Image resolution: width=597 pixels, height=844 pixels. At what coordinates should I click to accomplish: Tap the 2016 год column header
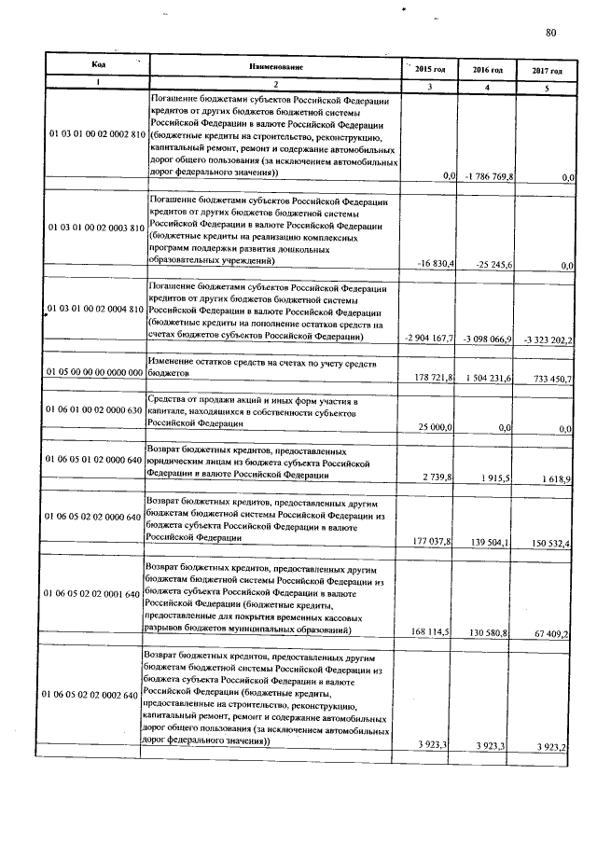pos(487,70)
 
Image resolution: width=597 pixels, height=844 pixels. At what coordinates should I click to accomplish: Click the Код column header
pos(98,64)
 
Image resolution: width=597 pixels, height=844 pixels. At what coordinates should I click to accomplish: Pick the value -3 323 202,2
pos(546,339)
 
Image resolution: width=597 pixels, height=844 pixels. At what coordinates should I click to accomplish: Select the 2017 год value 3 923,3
pos(551,745)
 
